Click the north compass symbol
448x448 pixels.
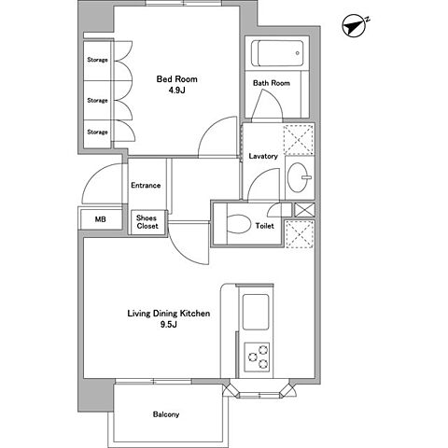tap(354, 26)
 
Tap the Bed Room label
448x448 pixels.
tap(176, 79)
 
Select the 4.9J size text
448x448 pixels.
tap(176, 91)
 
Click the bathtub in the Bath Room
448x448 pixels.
tap(277, 53)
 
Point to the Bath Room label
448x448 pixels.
tap(272, 83)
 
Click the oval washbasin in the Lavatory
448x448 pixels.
tap(298, 177)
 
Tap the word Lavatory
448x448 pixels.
tap(263, 156)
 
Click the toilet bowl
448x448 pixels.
tap(239, 224)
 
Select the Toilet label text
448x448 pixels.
tap(265, 226)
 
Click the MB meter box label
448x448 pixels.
tap(100, 219)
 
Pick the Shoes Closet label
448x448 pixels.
tap(147, 222)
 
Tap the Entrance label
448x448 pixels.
tap(146, 186)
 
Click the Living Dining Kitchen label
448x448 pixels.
tap(169, 314)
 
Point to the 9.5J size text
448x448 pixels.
tap(169, 325)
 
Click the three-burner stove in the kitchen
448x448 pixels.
tap(257, 357)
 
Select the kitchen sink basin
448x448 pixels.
tap(256, 312)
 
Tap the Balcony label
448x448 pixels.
tap(166, 414)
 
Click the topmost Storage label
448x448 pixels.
tap(97, 60)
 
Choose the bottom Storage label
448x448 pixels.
tap(97, 132)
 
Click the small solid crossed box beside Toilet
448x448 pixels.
tap(304, 210)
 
